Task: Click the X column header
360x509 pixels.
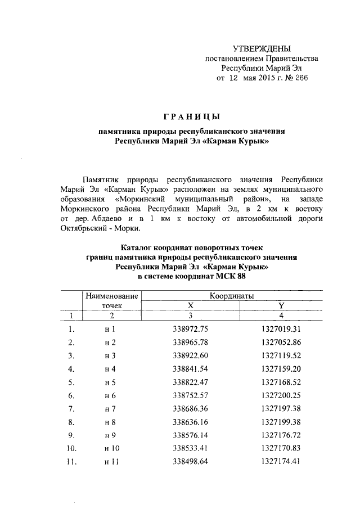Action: tap(190, 305)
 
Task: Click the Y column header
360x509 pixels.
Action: tap(281, 305)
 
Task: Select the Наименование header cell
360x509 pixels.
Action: tap(111, 295)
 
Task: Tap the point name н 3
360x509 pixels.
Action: tap(110, 355)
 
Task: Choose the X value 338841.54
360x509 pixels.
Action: tap(191, 369)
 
